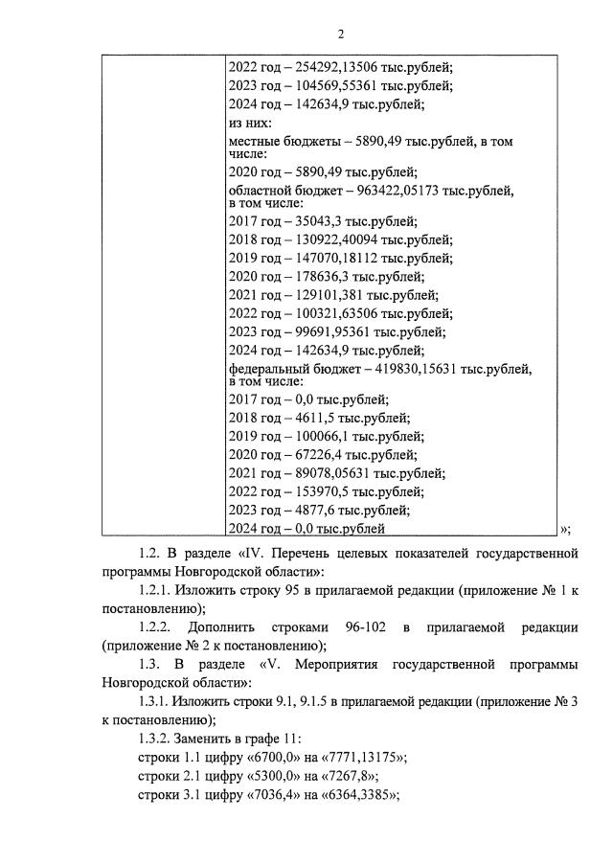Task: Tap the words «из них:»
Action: (x=251, y=124)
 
